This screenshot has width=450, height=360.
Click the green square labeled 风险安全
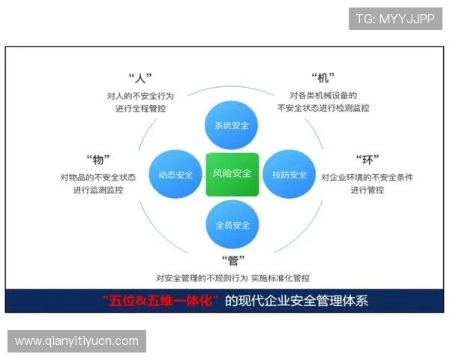(232, 174)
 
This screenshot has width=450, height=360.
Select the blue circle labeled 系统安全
(232, 124)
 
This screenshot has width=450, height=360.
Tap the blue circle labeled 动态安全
(175, 175)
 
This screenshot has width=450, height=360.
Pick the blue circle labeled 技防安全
(289, 175)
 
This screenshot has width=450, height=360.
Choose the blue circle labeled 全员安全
(232, 225)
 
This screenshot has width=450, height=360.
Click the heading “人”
(140, 78)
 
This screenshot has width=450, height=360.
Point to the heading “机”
(322, 78)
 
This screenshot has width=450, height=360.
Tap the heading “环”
(367, 159)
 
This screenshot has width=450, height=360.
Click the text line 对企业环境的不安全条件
(367, 177)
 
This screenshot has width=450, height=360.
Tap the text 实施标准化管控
(280, 277)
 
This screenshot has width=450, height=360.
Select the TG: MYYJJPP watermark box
(395, 18)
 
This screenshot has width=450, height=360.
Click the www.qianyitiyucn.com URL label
(77, 341)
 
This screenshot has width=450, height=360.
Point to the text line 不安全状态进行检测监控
(323, 108)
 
